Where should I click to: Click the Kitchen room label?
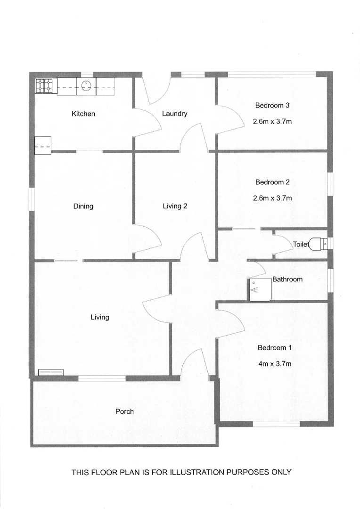(83, 114)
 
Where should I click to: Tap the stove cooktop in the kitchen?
(46, 86)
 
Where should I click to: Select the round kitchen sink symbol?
(87, 86)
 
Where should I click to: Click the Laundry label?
(174, 114)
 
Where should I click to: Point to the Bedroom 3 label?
(272, 105)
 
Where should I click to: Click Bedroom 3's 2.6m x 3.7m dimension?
(272, 121)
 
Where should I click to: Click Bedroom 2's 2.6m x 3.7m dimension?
(272, 198)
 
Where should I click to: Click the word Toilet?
(301, 245)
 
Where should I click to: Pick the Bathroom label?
(287, 279)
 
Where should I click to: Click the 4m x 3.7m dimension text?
(275, 364)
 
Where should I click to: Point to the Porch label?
(124, 411)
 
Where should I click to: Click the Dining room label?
(83, 206)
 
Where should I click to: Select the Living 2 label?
(175, 206)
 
